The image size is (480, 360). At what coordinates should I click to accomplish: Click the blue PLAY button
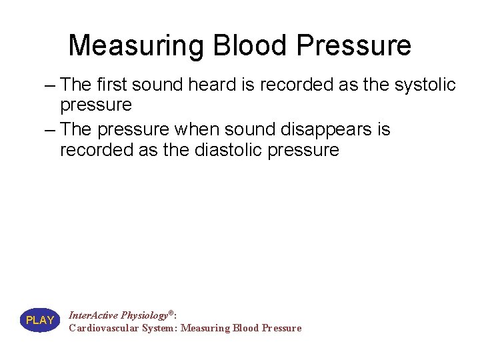click(40, 321)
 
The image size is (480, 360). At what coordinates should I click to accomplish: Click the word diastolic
click(230, 150)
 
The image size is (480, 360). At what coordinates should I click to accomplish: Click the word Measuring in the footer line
click(205, 328)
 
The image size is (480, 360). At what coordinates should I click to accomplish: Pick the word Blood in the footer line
click(246, 328)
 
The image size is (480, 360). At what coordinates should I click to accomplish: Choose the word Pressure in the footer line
click(282, 328)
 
